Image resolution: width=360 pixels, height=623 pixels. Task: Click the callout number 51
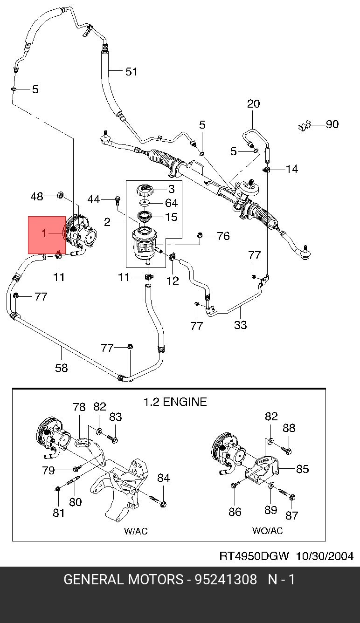(132, 72)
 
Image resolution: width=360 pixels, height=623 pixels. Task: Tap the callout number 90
(332, 124)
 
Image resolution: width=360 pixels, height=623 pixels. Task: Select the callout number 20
(253, 104)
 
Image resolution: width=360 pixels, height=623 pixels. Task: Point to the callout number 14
(292, 169)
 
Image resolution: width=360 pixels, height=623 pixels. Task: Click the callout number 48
(37, 197)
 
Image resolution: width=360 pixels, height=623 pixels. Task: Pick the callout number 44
(94, 199)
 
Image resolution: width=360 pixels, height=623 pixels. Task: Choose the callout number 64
(171, 203)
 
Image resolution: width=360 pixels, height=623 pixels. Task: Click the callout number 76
(223, 236)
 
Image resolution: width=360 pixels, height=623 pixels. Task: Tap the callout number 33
(240, 325)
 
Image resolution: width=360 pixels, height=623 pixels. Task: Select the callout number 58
(62, 368)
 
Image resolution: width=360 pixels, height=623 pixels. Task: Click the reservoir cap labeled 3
(145, 190)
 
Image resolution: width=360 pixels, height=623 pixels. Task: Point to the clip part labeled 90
(304, 125)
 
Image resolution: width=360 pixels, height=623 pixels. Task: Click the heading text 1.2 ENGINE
(174, 402)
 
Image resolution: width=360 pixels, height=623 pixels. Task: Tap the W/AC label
(136, 531)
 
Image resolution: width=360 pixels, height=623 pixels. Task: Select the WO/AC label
(267, 531)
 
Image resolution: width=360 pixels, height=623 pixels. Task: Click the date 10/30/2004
(325, 556)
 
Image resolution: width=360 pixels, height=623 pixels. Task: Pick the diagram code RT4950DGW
(254, 556)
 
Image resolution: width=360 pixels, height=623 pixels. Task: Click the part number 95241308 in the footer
(226, 580)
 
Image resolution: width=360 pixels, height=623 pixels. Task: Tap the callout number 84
(163, 478)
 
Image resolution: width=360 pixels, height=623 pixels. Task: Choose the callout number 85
(303, 469)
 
